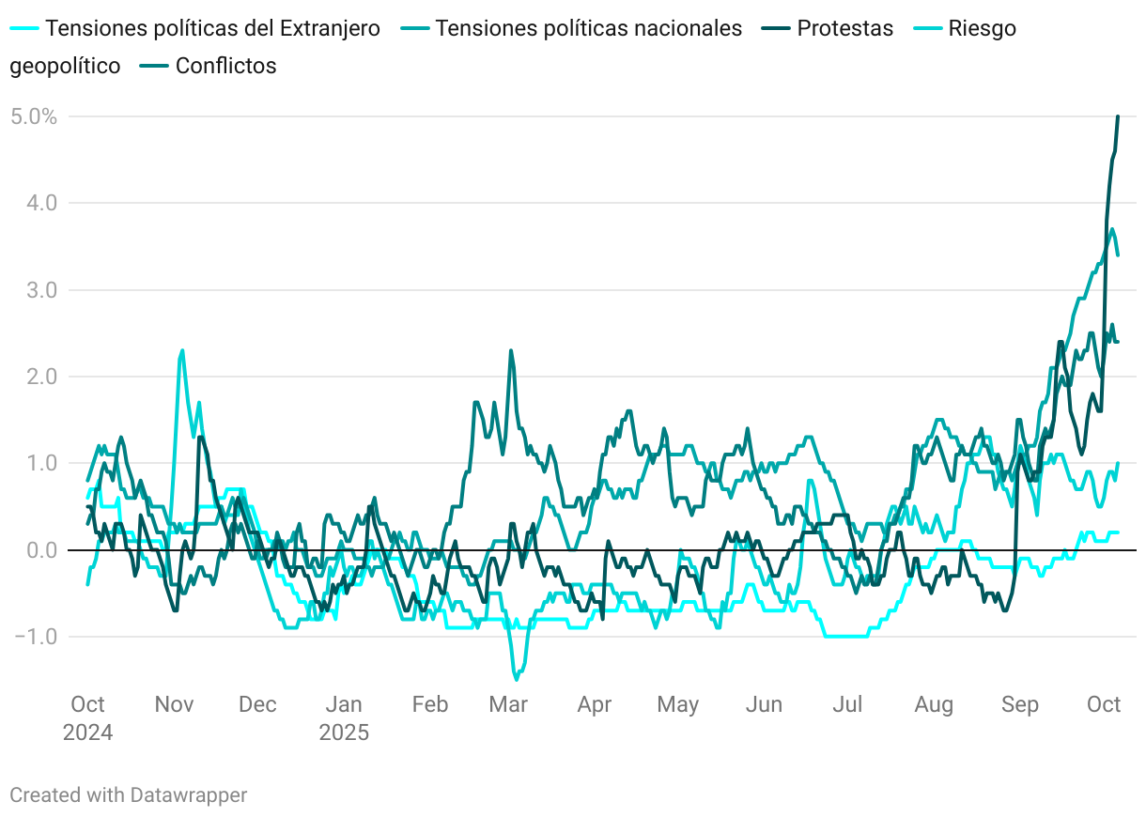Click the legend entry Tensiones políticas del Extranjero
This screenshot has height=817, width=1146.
click(x=212, y=28)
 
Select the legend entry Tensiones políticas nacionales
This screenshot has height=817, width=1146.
click(x=589, y=28)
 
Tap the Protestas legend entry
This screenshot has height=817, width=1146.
click(x=844, y=28)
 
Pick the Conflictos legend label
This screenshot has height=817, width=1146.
click(x=225, y=66)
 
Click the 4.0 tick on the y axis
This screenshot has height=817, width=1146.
click(x=42, y=203)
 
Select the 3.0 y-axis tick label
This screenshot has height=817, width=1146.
click(x=42, y=290)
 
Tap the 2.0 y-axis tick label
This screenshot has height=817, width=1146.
click(x=42, y=377)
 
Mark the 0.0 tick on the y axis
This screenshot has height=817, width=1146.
click(x=42, y=550)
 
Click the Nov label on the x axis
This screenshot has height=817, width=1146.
click(x=174, y=704)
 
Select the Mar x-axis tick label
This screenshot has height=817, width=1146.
click(x=508, y=704)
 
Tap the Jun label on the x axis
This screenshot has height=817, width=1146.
click(x=764, y=704)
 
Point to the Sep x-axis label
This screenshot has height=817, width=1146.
click(x=1020, y=704)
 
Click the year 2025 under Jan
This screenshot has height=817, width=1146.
click(x=344, y=732)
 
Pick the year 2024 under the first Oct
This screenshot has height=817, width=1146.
click(x=87, y=732)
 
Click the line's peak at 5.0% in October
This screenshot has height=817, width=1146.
click(x=1118, y=117)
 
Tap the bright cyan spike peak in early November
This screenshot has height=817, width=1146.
click(x=181, y=350)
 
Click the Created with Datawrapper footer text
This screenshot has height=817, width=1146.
click(x=129, y=795)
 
